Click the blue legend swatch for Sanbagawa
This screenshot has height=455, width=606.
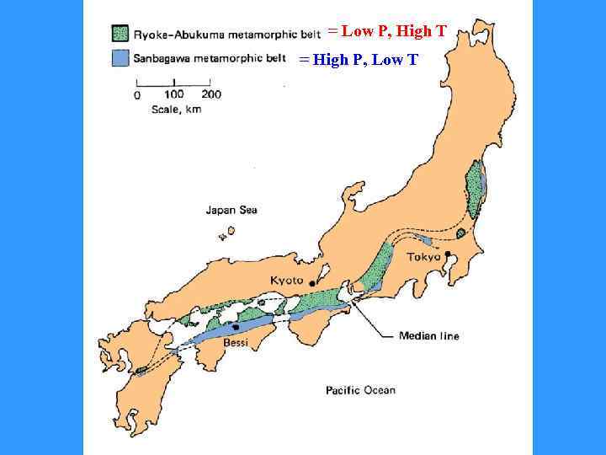point(120,58)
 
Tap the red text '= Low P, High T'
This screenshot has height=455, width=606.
point(387,32)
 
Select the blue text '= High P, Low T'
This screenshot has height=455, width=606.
point(359,60)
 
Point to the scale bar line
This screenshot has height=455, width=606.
point(173,82)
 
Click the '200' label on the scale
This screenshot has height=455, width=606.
point(210,94)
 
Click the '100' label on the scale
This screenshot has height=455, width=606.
point(174,94)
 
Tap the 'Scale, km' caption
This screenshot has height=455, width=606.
point(176,110)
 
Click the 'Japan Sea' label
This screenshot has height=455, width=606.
point(231,210)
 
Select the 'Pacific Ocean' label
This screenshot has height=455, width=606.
point(360,390)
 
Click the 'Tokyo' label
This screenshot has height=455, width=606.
point(423,257)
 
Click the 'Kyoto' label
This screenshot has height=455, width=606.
point(286,281)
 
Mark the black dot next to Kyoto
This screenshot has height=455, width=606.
point(312,282)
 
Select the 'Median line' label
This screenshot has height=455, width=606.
point(429,336)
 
